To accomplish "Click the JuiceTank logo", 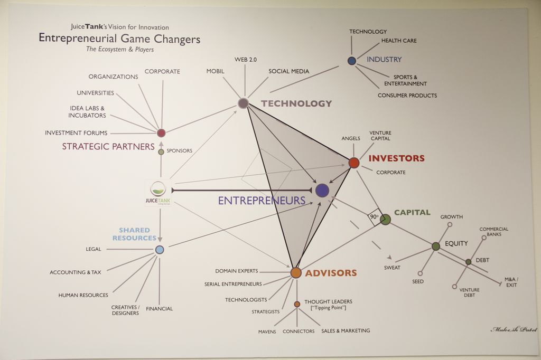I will (x=158, y=192).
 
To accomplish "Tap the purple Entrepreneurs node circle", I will (x=322, y=191).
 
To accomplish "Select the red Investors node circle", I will (x=354, y=163).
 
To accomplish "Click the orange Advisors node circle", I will (x=296, y=272).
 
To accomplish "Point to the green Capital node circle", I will (x=386, y=219).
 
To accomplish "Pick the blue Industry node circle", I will (x=352, y=61).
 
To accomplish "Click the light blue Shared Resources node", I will (x=160, y=250).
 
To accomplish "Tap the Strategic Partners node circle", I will (x=161, y=132).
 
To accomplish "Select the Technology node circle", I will (x=244, y=103).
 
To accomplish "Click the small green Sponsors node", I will (x=161, y=151).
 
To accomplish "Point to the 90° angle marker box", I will (x=374, y=217).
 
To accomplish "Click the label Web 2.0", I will (x=246, y=60).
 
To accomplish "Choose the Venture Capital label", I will (x=380, y=136).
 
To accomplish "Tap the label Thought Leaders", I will (x=328, y=302).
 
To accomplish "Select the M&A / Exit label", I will (x=511, y=282).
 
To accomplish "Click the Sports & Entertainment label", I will (x=405, y=80).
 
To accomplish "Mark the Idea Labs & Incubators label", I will (x=87, y=111).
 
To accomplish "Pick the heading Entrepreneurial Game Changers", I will (x=119, y=39).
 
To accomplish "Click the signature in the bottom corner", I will (x=514, y=329).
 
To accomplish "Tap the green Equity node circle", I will (x=436, y=246).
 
